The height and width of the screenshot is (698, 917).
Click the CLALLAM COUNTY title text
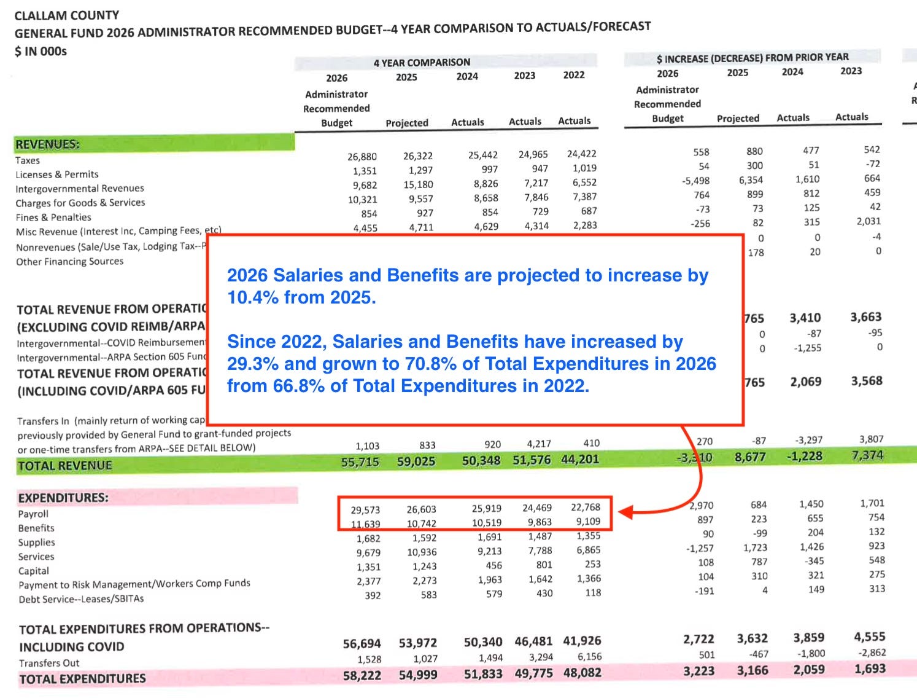[x=67, y=15]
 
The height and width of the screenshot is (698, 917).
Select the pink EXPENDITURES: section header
[x=63, y=498]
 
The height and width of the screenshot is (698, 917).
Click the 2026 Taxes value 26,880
[x=362, y=157]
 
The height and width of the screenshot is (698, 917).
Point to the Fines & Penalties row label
[x=53, y=218]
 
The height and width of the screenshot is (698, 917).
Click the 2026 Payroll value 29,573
[x=365, y=510]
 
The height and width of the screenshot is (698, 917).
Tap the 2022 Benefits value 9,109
[x=587, y=522]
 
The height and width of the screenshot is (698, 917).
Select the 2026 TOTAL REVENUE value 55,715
[x=360, y=462]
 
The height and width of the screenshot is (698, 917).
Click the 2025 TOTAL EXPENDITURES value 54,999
[x=417, y=675]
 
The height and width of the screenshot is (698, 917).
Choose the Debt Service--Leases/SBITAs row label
[x=81, y=599]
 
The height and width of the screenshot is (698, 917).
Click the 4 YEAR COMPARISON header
[x=422, y=62]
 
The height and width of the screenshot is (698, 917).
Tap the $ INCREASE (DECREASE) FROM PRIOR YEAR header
[x=753, y=58]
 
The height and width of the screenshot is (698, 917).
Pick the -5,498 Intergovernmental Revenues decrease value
[x=695, y=181]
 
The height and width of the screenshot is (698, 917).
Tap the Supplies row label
[x=37, y=543]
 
